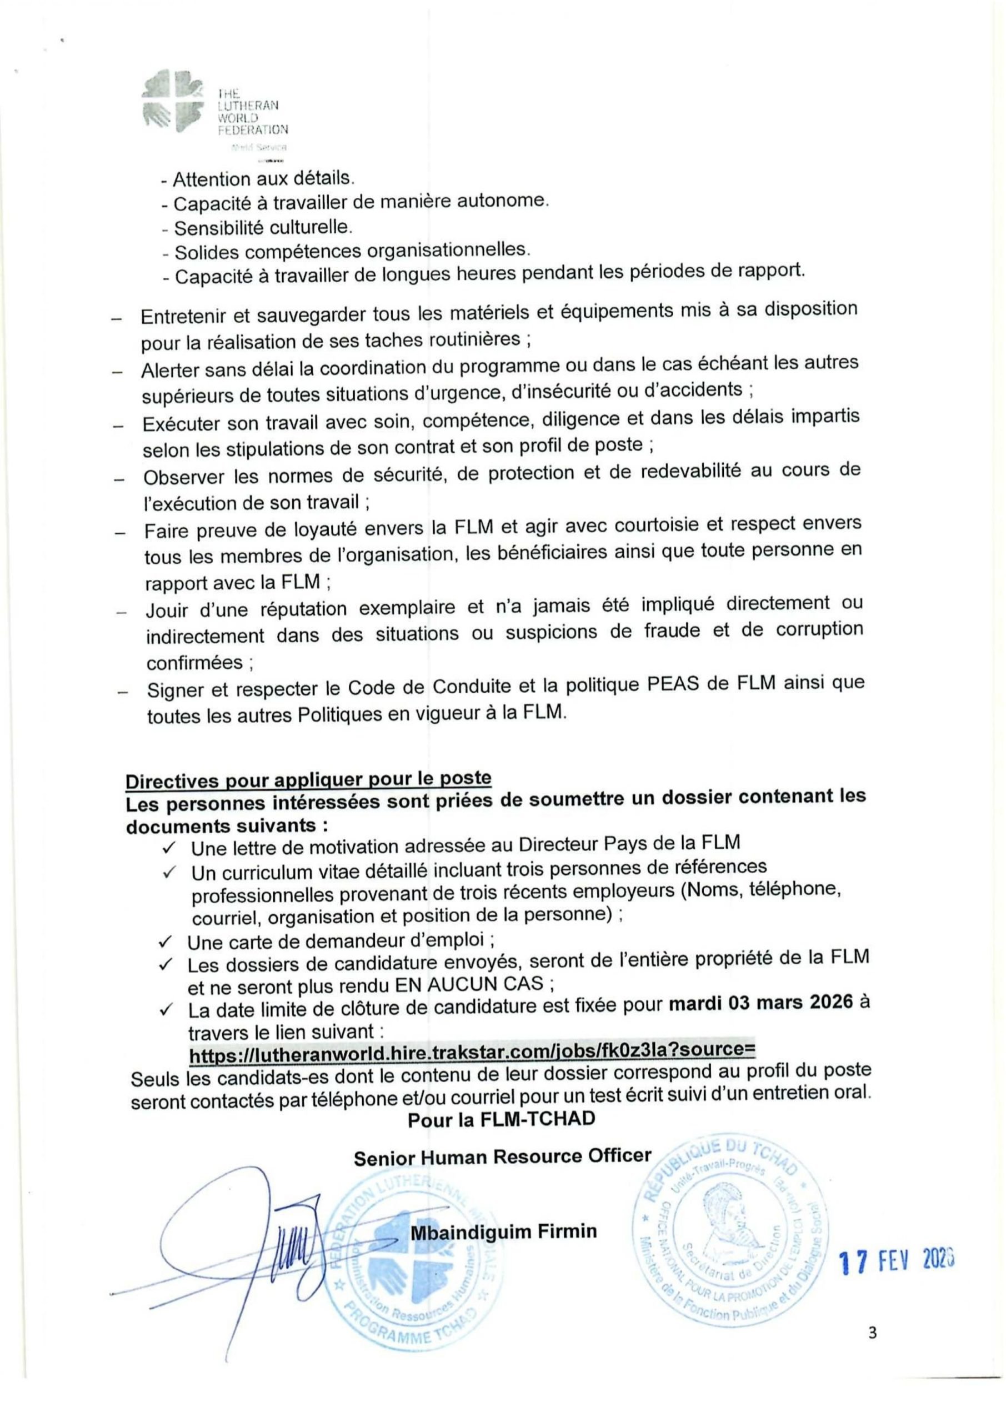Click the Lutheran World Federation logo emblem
pyautogui.click(x=172, y=102)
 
